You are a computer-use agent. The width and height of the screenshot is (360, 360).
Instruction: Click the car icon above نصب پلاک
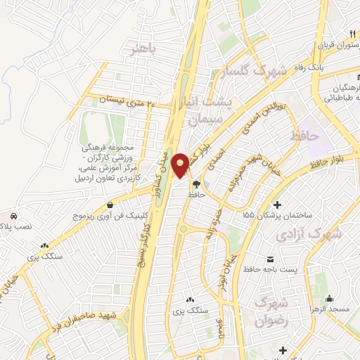(14, 214)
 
